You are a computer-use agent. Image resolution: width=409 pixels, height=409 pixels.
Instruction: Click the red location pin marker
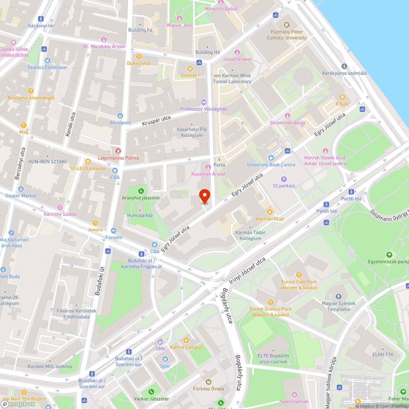(204, 196)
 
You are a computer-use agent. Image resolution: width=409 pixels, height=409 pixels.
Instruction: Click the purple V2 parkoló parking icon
(284, 179)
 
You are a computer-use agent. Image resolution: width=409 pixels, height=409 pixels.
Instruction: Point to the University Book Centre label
(271, 165)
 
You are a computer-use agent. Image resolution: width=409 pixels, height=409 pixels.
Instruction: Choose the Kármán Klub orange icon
(270, 211)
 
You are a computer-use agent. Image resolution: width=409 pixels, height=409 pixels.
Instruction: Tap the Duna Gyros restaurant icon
(139, 56)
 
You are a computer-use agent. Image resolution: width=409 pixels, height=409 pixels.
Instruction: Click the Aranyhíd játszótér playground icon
(141, 191)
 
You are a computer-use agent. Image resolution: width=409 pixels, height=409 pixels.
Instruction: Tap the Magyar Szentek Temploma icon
(338, 296)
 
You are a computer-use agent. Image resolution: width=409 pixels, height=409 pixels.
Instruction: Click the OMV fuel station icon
(160, 342)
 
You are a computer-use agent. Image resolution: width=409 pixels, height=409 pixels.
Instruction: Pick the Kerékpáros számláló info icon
(344, 66)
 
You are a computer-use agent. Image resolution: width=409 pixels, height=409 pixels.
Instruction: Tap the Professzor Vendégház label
(204, 109)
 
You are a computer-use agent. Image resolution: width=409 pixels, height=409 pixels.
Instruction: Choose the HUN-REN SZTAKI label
(47, 162)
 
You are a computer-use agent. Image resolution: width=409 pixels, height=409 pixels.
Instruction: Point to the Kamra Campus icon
(186, 340)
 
